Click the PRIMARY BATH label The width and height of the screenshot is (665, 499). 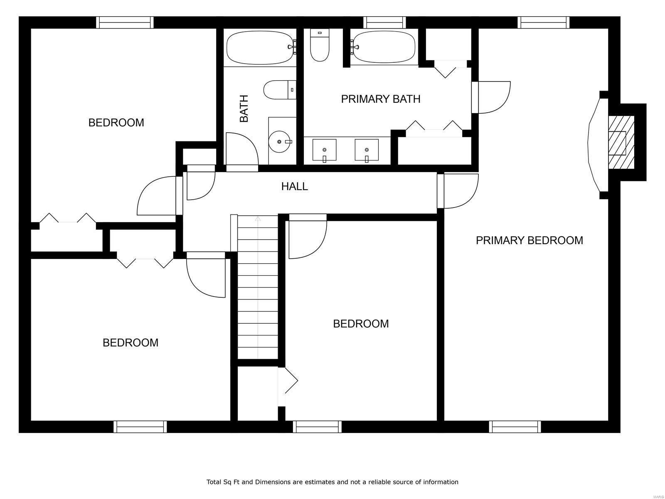(381, 99)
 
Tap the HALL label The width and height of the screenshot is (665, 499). (295, 186)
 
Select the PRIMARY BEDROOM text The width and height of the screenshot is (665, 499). (529, 240)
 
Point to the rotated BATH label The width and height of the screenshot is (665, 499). (244, 109)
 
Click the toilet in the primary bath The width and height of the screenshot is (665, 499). (320, 45)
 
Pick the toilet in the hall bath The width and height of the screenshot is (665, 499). (280, 90)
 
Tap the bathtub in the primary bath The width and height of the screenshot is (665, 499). (383, 48)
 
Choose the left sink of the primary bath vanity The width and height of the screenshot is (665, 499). (324, 150)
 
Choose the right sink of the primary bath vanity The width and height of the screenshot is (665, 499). (367, 150)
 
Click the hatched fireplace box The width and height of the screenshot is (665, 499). (621, 142)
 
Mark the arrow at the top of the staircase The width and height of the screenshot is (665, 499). (258, 218)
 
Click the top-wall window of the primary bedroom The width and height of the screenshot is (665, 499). (544, 22)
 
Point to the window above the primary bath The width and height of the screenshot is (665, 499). (384, 22)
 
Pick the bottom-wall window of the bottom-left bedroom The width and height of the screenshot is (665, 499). (140, 427)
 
